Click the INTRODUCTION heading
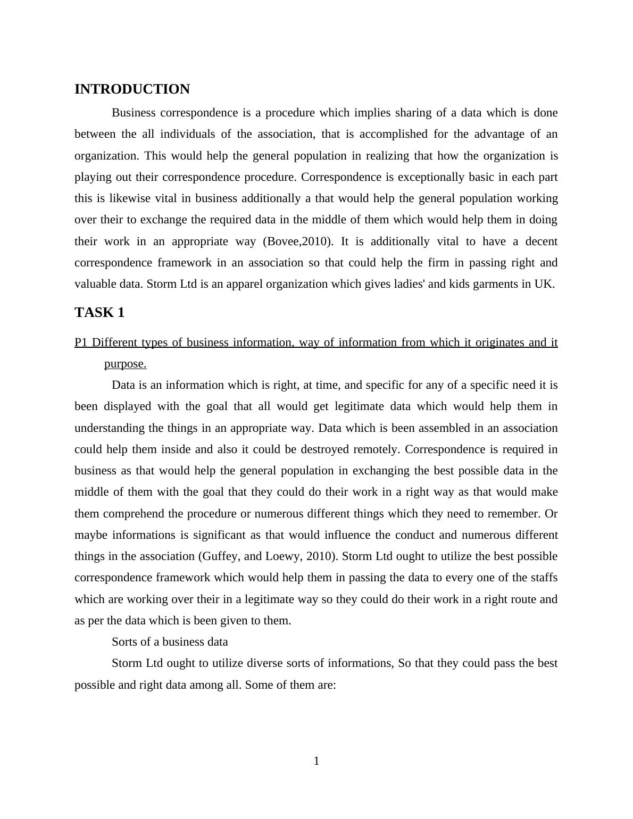(x=132, y=89)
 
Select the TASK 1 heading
(x=99, y=313)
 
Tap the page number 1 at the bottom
(x=316, y=761)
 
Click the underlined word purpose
(x=125, y=364)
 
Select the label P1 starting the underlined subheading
(x=81, y=342)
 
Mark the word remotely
(x=378, y=449)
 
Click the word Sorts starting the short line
(x=125, y=642)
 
